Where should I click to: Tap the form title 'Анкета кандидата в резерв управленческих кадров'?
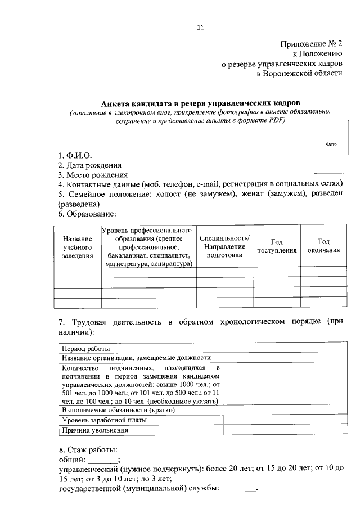point(201,103)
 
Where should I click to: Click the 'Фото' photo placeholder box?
point(331,144)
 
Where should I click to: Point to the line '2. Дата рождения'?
point(89,165)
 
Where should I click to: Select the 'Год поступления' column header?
point(277,246)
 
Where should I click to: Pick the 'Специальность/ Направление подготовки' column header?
point(225,246)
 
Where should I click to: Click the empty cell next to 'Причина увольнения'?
point(285,430)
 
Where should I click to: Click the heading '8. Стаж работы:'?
point(88,450)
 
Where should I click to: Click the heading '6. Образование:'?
point(87,214)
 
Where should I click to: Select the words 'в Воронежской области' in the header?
point(299,74)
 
